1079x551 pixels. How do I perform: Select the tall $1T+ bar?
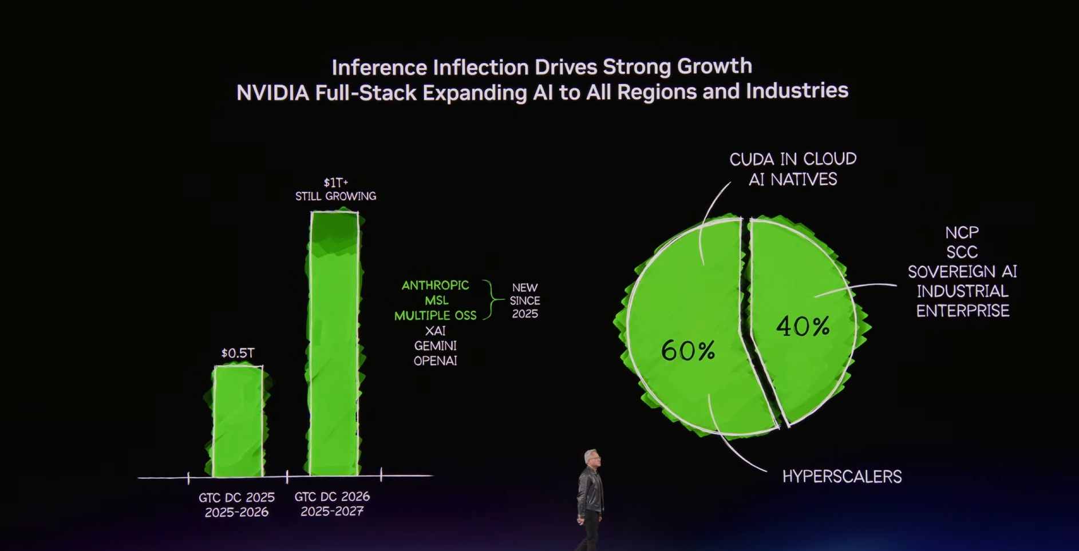pyautogui.click(x=335, y=343)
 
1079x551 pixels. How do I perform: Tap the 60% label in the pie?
pyautogui.click(x=687, y=350)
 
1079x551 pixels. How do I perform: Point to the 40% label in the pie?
pyautogui.click(x=803, y=326)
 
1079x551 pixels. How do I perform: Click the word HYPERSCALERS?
pyautogui.click(x=841, y=476)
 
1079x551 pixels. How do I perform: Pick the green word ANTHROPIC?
pyautogui.click(x=435, y=285)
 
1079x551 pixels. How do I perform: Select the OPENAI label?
pyautogui.click(x=435, y=360)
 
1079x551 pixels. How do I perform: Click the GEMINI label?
pyautogui.click(x=435, y=346)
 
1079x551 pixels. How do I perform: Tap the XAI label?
pyautogui.click(x=435, y=330)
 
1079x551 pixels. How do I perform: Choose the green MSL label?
pyautogui.click(x=436, y=300)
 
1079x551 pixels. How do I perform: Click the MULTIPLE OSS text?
pyautogui.click(x=435, y=315)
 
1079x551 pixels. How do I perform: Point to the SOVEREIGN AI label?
pyautogui.click(x=962, y=271)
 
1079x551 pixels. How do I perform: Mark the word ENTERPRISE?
pyautogui.click(x=962, y=311)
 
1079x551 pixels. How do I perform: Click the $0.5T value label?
pyautogui.click(x=238, y=353)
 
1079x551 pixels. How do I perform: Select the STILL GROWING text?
pyautogui.click(x=335, y=196)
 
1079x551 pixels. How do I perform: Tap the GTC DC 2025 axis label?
pyautogui.click(x=236, y=497)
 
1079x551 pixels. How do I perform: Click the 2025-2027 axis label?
pyautogui.click(x=332, y=511)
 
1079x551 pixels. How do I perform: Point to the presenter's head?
pyautogui.click(x=591, y=458)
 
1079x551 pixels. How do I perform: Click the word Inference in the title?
pyautogui.click(x=379, y=68)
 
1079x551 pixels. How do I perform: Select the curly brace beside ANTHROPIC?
pyautogui.click(x=490, y=299)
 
